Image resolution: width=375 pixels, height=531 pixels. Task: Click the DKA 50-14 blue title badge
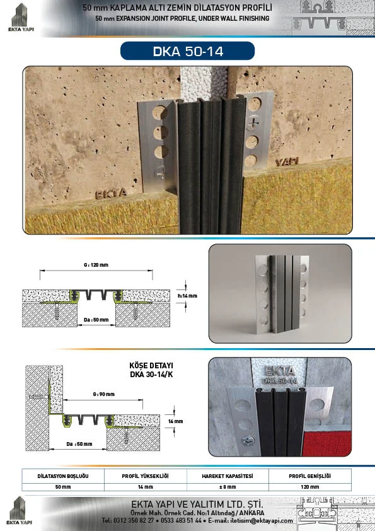188,51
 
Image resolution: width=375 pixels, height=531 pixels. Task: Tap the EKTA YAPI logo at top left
21,18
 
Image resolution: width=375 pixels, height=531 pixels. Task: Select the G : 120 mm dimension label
96,265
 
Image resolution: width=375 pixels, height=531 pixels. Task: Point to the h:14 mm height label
188,296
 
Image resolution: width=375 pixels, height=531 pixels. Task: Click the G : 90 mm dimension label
103,394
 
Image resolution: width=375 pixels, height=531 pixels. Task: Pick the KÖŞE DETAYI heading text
151,366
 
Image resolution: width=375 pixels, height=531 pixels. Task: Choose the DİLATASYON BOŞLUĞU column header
63,476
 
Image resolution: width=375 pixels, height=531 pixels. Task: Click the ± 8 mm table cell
228,487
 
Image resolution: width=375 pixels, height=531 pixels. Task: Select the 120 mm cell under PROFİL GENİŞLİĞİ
309,487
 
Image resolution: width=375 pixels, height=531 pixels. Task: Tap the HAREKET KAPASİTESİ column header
228,476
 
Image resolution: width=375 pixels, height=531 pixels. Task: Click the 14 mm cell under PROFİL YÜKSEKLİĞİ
145,487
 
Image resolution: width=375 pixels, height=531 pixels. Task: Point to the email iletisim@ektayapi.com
261,520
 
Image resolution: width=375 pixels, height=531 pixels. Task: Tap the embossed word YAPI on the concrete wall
286,161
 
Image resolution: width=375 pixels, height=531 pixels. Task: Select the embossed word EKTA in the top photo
111,194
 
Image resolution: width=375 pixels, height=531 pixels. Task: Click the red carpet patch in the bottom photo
326,443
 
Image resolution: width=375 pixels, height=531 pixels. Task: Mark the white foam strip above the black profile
204,83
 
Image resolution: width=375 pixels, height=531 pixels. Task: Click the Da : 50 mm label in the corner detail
79,444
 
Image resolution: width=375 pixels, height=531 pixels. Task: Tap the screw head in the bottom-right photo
247,440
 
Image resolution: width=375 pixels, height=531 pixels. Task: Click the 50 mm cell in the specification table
63,487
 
